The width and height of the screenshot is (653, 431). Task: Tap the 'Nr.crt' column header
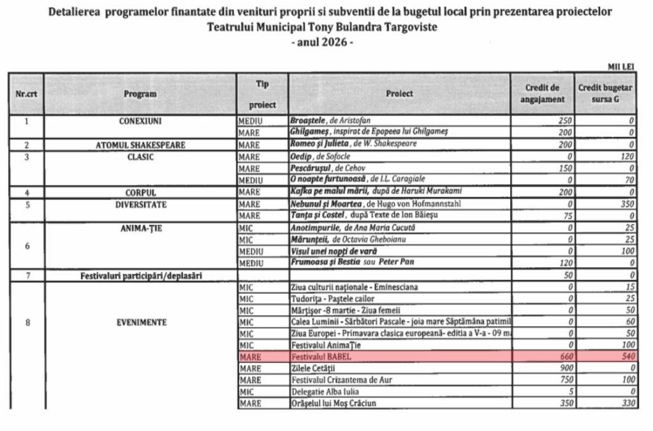coord(26,94)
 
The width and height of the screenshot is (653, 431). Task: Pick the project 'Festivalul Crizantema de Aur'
coord(339,381)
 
